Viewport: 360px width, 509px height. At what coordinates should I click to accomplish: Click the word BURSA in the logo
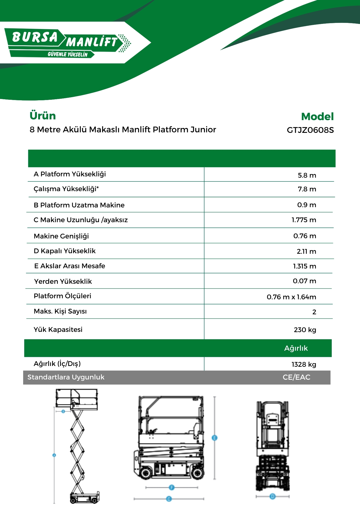(x=35, y=37)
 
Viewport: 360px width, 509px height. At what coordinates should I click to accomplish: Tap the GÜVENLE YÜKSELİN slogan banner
(x=67, y=54)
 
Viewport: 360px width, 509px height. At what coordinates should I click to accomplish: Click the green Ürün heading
(x=43, y=116)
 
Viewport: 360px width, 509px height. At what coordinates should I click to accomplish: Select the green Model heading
(x=317, y=117)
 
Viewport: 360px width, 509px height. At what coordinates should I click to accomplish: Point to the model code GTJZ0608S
(x=310, y=130)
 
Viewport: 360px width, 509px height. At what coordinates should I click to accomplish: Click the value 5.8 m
(x=307, y=175)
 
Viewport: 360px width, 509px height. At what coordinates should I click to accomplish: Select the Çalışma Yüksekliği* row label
(x=66, y=189)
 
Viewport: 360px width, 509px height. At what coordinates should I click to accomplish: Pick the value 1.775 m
(x=304, y=220)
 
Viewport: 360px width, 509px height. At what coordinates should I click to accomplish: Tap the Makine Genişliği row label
(x=61, y=236)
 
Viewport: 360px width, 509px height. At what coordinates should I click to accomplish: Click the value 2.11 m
(x=306, y=251)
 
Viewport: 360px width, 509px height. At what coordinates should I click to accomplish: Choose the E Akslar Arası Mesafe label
(x=70, y=266)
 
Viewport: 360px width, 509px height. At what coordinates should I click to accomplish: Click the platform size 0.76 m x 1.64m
(x=291, y=297)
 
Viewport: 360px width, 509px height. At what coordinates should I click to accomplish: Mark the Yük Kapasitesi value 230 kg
(x=305, y=330)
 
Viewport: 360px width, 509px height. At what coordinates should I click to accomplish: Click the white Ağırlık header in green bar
(x=296, y=348)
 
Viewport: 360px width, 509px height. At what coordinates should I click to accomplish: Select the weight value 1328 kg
(x=304, y=364)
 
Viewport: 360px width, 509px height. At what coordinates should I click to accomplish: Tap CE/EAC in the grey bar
(x=296, y=377)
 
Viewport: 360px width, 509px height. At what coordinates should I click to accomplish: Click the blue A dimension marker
(x=54, y=455)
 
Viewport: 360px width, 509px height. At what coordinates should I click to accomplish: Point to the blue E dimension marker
(x=214, y=438)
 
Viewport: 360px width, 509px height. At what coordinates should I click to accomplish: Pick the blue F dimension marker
(x=172, y=487)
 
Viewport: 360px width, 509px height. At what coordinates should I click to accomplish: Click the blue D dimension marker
(x=272, y=496)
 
